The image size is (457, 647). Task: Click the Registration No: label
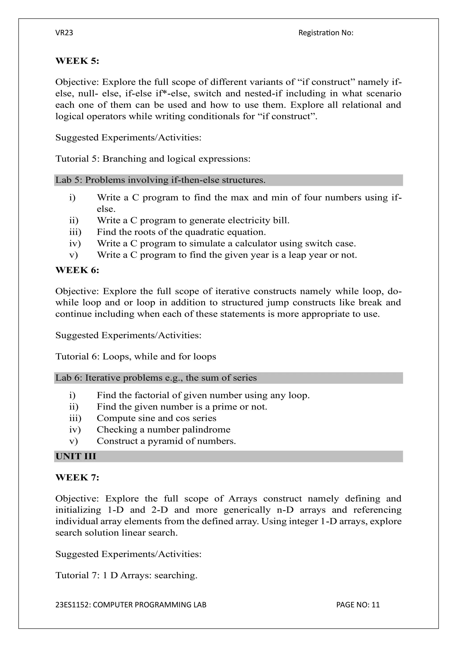tap(326, 33)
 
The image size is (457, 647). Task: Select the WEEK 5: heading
tap(77, 61)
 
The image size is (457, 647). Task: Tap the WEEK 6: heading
tap(77, 270)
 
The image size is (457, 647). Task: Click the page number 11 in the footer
tap(375, 605)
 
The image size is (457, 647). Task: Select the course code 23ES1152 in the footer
tap(73, 605)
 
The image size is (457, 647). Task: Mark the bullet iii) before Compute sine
tap(75, 418)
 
